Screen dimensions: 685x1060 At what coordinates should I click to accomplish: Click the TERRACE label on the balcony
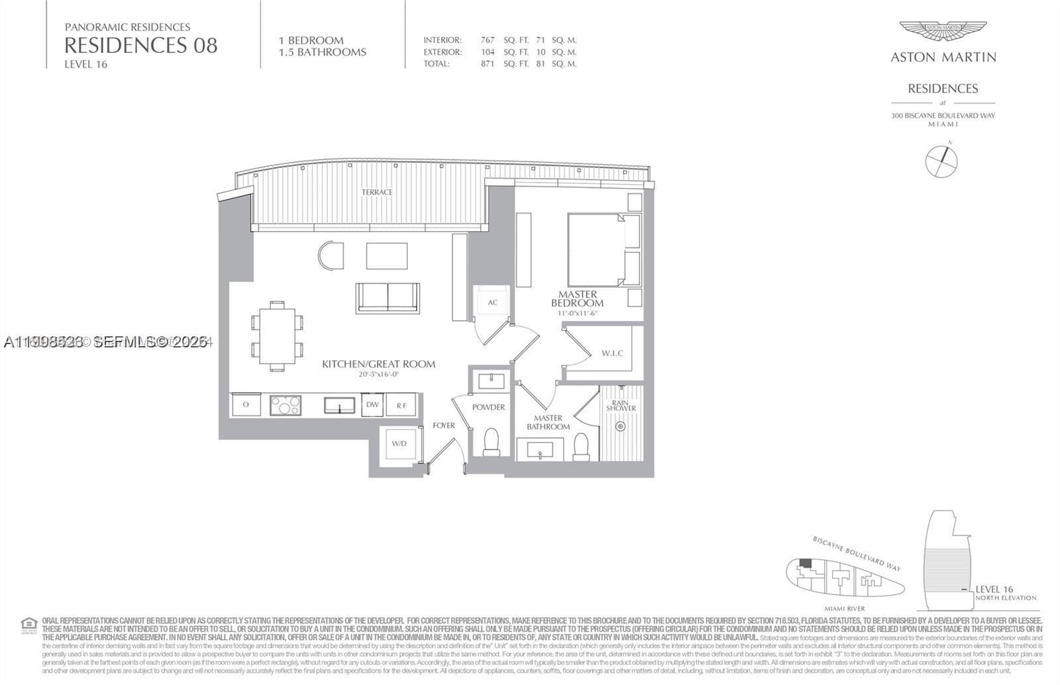click(376, 192)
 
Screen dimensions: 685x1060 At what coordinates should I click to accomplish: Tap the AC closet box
click(492, 302)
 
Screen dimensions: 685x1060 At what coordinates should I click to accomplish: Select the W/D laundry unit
click(399, 443)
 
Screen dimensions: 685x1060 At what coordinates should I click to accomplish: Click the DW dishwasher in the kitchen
click(372, 404)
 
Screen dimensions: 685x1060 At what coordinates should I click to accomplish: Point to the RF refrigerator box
click(401, 405)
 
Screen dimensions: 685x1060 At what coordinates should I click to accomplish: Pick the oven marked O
click(246, 404)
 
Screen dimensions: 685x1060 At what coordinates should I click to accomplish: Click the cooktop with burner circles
click(286, 404)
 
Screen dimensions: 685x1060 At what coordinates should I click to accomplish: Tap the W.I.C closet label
click(612, 353)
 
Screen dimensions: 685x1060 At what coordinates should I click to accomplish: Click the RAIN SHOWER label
click(621, 405)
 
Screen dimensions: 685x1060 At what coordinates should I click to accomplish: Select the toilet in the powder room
click(492, 442)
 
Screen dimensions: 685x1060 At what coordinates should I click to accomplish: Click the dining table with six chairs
click(277, 335)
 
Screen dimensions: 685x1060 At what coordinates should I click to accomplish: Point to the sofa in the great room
click(388, 297)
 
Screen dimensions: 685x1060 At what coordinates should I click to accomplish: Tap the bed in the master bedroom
click(596, 250)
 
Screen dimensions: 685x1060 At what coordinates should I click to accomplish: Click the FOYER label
click(444, 425)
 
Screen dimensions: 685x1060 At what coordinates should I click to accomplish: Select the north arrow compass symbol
click(941, 160)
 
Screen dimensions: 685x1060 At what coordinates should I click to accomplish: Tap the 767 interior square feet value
click(487, 40)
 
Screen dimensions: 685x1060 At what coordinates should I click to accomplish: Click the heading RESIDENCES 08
click(140, 45)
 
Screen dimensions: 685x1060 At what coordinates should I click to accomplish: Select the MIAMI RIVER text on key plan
click(845, 608)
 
